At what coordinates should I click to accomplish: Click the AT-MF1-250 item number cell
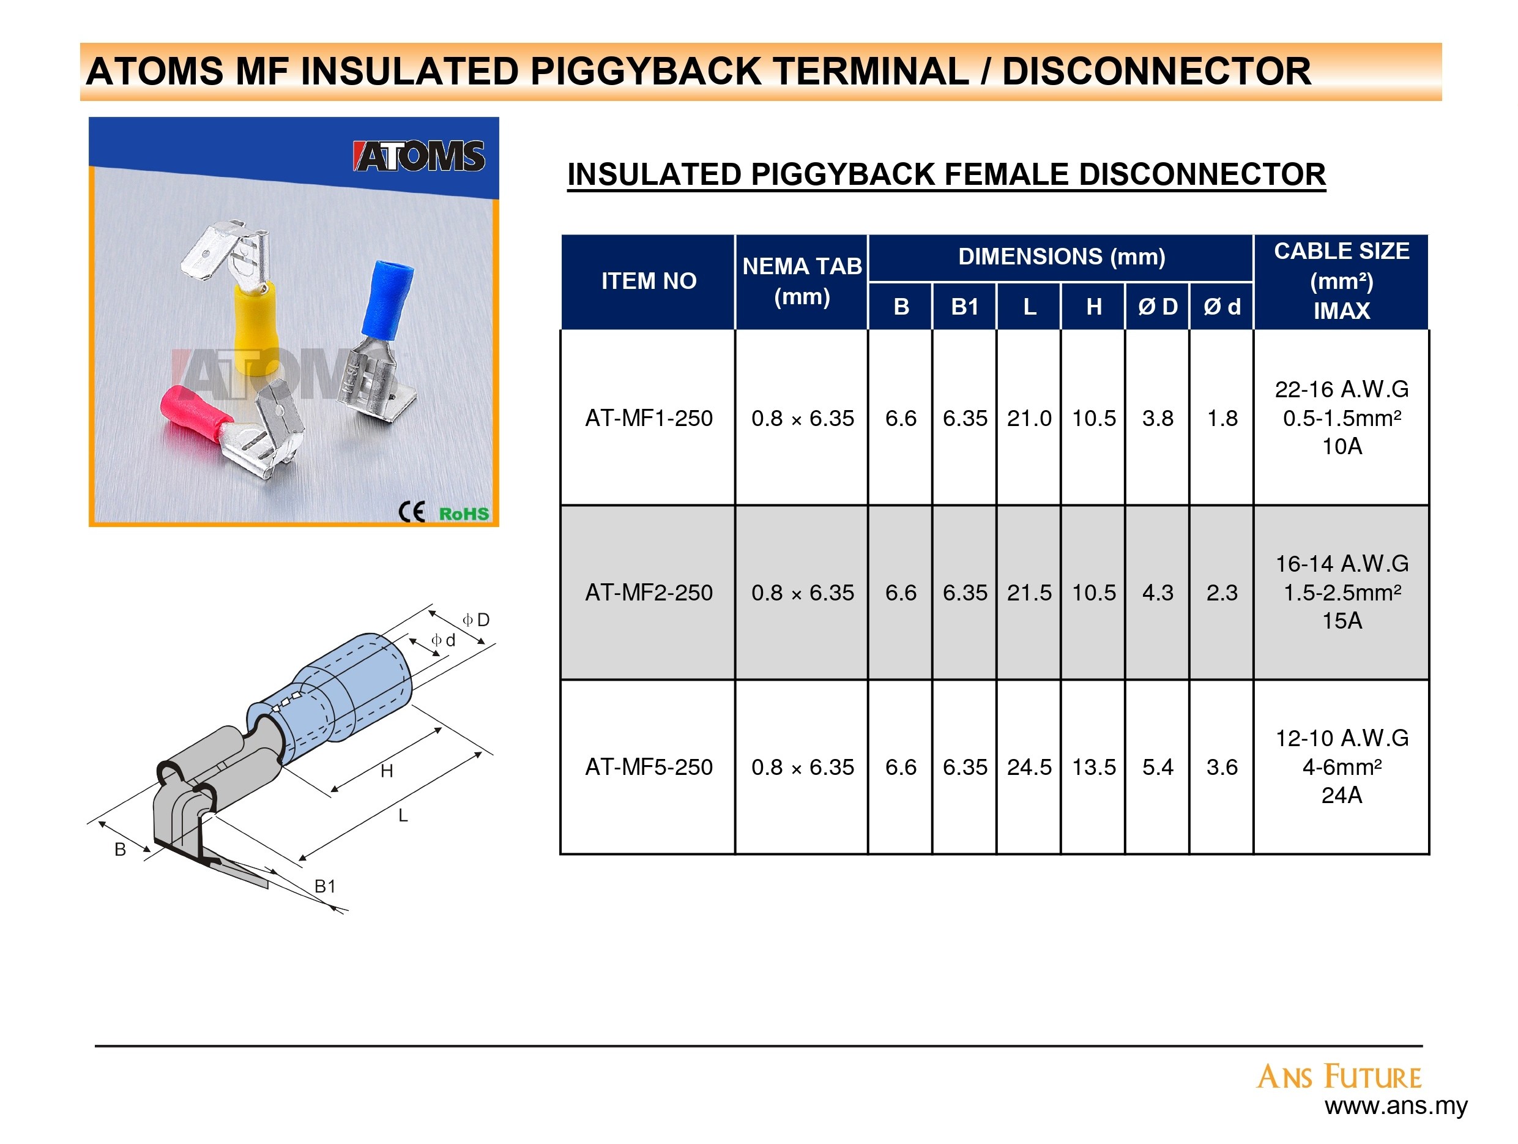pyautogui.click(x=649, y=417)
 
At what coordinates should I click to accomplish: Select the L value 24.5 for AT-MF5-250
pyautogui.click(x=1029, y=766)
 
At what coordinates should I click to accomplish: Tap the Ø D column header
pyautogui.click(x=1158, y=306)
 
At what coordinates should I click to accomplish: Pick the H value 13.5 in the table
pyautogui.click(x=1094, y=766)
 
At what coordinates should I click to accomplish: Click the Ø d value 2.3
pyautogui.click(x=1222, y=592)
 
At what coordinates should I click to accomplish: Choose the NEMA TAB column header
pyautogui.click(x=802, y=282)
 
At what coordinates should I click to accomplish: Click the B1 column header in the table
pyautogui.click(x=965, y=306)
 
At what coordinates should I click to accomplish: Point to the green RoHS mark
pyautogui.click(x=464, y=514)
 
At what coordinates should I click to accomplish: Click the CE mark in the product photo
pyautogui.click(x=412, y=512)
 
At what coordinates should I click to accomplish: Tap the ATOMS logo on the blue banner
pyautogui.click(x=419, y=156)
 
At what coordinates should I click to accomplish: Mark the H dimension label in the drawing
pyautogui.click(x=387, y=771)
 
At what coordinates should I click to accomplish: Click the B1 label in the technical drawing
pyautogui.click(x=326, y=886)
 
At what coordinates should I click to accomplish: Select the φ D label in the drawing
pyautogui.click(x=476, y=620)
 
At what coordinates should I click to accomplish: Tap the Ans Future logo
pyautogui.click(x=1339, y=1076)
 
